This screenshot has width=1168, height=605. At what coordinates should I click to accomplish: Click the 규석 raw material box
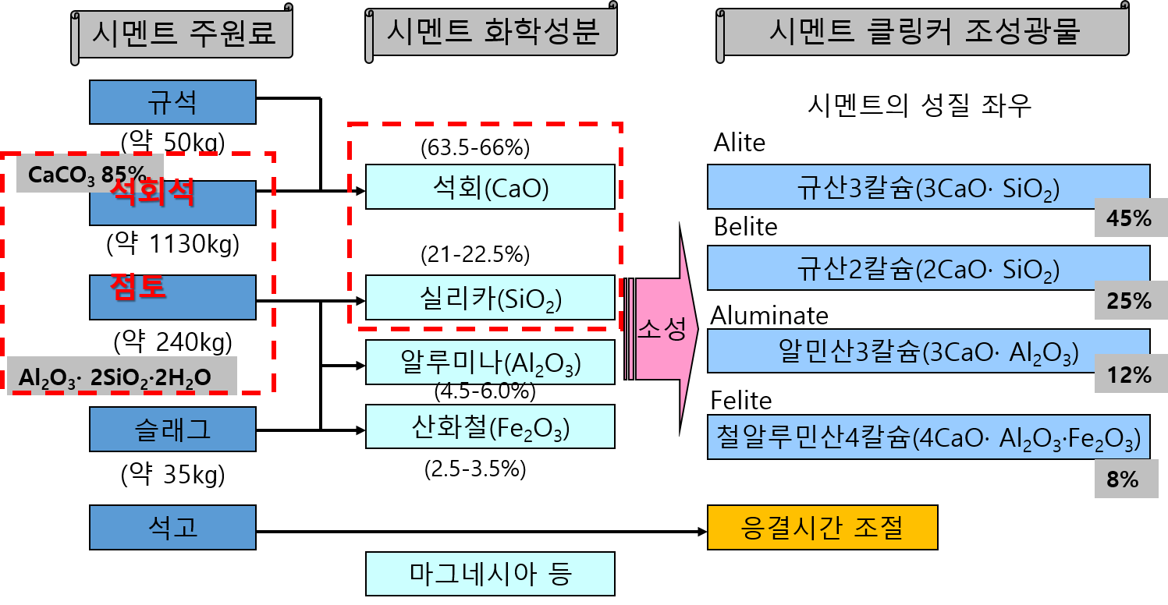coord(172,102)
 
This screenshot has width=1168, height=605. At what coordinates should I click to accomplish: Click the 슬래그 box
coord(172,429)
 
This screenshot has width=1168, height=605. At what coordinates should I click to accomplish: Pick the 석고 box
coord(172,527)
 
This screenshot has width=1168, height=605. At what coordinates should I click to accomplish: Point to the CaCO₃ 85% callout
coord(88,174)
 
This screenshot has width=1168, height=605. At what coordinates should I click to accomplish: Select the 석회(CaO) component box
coord(490,187)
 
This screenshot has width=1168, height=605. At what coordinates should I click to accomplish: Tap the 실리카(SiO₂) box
coord(490,298)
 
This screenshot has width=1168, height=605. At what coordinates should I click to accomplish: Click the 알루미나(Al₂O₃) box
coord(490,362)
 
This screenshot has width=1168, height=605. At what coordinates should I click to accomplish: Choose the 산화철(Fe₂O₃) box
coord(490,426)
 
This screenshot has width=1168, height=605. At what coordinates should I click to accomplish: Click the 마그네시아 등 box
coord(490,574)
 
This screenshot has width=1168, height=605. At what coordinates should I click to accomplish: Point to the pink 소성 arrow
coord(662,330)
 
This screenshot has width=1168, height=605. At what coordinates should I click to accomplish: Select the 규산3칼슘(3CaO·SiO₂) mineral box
coord(928,187)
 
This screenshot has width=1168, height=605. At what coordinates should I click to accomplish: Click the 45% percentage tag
coord(1128,219)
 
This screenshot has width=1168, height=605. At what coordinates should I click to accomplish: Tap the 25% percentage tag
coord(1128,300)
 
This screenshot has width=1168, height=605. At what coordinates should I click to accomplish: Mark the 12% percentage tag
coord(1128,375)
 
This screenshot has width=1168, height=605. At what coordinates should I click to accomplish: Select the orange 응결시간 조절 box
coord(822,528)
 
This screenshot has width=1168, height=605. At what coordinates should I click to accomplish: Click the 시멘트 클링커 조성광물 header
coord(925,33)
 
